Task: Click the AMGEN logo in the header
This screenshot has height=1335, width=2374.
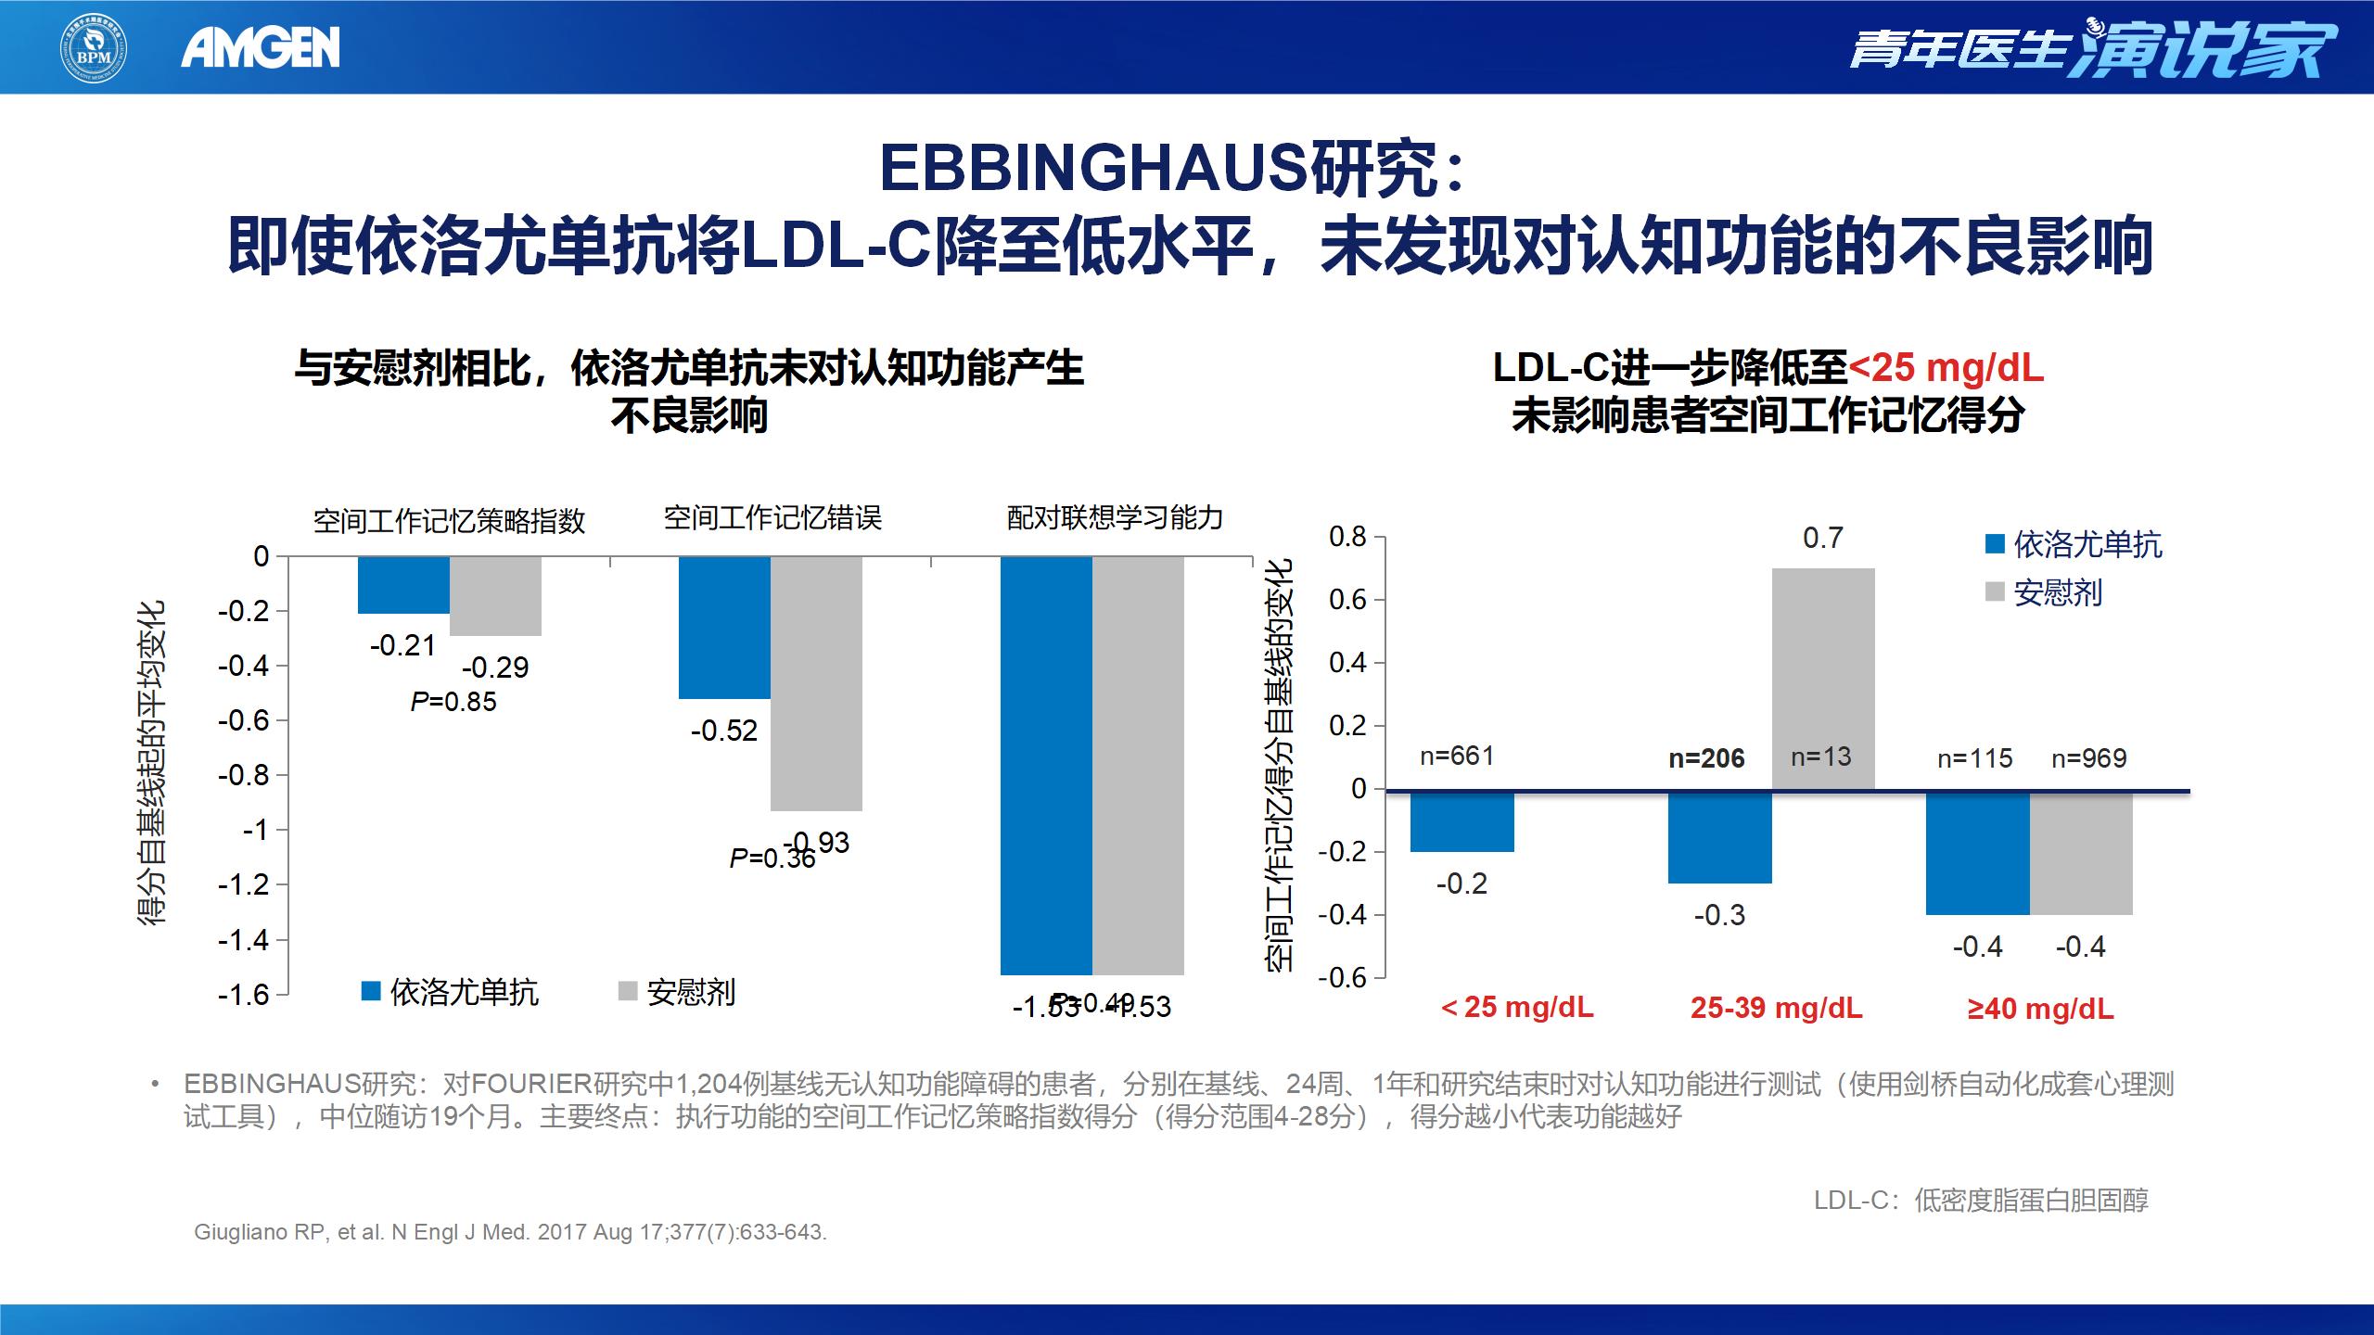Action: [x=261, y=47]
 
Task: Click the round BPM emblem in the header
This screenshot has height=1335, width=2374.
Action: [x=94, y=47]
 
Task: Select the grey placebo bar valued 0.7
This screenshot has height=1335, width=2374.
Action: [x=1822, y=679]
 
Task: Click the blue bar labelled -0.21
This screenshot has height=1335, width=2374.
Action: [x=403, y=585]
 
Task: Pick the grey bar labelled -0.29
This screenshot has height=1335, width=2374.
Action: [x=495, y=596]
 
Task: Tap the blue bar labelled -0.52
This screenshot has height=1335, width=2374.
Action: [x=724, y=628]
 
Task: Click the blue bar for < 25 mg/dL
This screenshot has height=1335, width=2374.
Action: [x=1462, y=821]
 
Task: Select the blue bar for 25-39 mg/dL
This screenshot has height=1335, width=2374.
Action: [x=1719, y=837]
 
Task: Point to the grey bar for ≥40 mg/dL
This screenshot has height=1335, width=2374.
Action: [x=2081, y=853]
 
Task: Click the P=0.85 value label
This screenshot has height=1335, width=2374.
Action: [x=453, y=702]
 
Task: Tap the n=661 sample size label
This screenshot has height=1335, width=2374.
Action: [x=1457, y=756]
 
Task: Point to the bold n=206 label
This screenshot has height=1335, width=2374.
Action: [x=1706, y=759]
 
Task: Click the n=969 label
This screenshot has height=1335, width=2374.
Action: [x=2088, y=759]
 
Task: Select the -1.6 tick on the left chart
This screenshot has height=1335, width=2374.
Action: [x=243, y=995]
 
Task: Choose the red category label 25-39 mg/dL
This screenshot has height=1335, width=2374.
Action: [x=1776, y=1008]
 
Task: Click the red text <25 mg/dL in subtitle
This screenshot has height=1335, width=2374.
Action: [x=1946, y=368]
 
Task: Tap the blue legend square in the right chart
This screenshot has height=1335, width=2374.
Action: [x=1995, y=545]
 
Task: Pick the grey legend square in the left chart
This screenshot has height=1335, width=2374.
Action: [x=628, y=992]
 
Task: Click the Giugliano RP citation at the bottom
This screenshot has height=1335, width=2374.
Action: [x=510, y=1232]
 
